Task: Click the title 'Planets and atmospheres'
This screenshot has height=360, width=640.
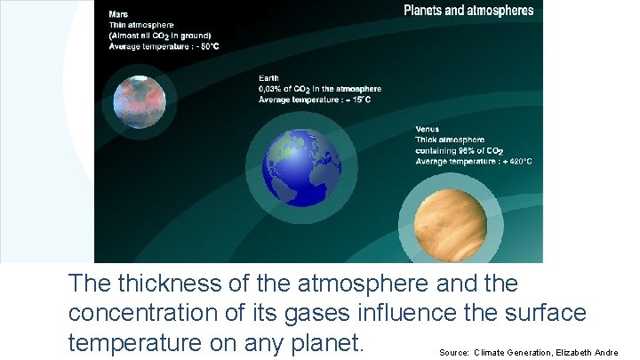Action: point(468,11)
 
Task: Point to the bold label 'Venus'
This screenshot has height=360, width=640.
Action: point(428,129)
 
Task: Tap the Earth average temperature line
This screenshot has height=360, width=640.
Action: point(315,100)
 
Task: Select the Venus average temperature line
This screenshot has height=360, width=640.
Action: point(474,161)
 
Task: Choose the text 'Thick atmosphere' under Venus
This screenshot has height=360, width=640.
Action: point(450,140)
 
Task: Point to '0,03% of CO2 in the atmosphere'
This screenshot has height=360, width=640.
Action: point(319,89)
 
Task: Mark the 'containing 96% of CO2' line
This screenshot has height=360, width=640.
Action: point(461,150)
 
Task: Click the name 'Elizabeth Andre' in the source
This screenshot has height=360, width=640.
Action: point(587,352)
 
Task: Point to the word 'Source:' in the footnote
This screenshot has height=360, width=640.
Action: point(454,352)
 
